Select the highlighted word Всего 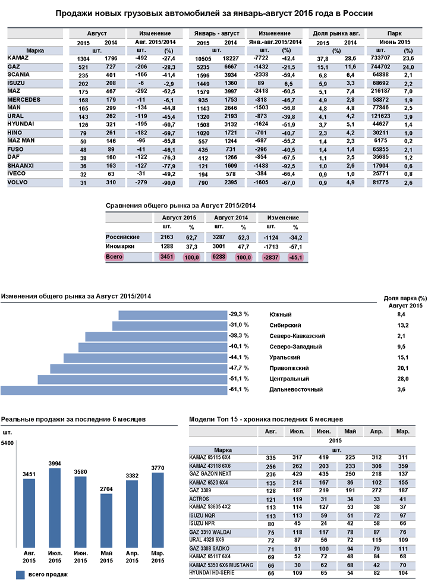114,257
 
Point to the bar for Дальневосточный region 113,389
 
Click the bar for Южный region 172,314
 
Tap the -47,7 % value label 238,368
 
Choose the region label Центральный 288,379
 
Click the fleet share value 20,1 403,368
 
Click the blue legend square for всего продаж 20,574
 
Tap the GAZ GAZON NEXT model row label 210,474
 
